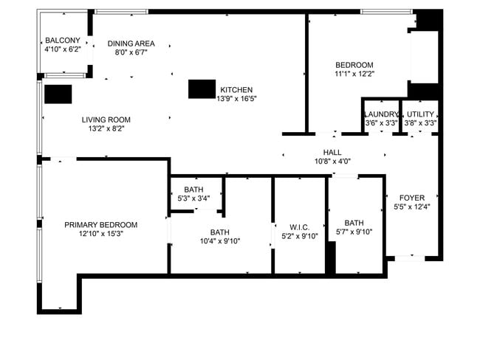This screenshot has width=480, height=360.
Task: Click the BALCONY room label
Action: click(62, 41)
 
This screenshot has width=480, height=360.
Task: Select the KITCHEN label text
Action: click(236, 89)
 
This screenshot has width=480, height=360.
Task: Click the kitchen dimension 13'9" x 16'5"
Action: click(236, 98)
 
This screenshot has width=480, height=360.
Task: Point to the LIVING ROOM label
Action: click(106, 120)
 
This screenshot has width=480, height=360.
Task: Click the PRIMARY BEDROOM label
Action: click(100, 225)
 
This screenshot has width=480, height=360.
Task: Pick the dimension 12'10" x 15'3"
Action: click(100, 234)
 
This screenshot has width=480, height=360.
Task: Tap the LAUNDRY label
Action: click(381, 114)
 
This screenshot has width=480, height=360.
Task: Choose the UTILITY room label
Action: click(420, 114)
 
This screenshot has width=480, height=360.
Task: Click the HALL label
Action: click(332, 153)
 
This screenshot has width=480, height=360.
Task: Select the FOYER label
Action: click(412, 198)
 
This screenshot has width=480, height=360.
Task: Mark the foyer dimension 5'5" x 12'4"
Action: click(412, 207)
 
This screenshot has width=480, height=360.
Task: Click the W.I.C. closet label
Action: click(299, 227)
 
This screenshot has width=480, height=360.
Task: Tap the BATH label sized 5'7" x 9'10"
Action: click(354, 223)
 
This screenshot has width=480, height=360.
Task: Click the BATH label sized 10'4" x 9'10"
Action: click(219, 232)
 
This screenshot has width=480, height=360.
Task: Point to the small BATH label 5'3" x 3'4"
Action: click(193, 190)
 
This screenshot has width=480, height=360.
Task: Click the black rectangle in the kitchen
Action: click(201, 89)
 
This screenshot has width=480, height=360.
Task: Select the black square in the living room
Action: click(58, 94)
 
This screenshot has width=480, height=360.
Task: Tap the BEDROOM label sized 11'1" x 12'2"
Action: click(354, 64)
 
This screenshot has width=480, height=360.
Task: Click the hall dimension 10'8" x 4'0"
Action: click(332, 162)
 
